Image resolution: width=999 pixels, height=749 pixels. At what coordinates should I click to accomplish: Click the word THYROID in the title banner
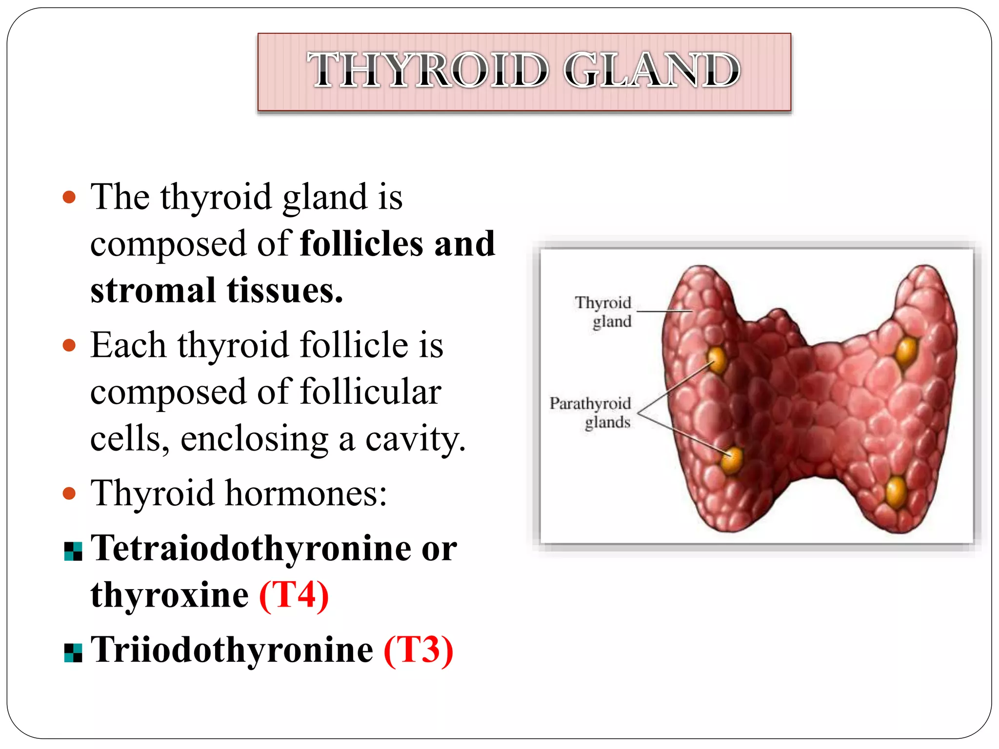tap(428, 71)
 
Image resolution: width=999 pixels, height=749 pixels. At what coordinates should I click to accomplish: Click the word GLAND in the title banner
tap(652, 71)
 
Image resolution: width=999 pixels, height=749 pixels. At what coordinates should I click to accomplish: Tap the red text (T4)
tap(294, 595)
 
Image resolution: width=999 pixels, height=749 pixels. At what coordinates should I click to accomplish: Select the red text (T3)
tap(419, 650)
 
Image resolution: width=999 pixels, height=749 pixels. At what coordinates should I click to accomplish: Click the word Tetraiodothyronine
tap(252, 549)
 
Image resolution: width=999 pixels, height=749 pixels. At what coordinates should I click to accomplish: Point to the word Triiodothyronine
tap(232, 650)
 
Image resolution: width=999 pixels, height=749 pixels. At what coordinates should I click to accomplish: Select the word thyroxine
tap(169, 595)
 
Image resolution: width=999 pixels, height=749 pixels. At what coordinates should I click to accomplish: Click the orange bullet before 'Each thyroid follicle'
tap(70, 346)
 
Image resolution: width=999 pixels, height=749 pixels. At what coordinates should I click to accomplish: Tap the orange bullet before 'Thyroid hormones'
tap(70, 493)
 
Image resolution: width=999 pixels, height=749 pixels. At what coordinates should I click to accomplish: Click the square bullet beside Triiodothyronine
tap(73, 653)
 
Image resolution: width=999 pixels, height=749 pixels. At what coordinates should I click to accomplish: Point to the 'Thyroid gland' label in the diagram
tap(604, 312)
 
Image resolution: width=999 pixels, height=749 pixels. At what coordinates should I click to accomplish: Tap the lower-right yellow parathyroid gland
tap(896, 492)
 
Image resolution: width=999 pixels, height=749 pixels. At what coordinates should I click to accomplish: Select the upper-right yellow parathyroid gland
tap(907, 351)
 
